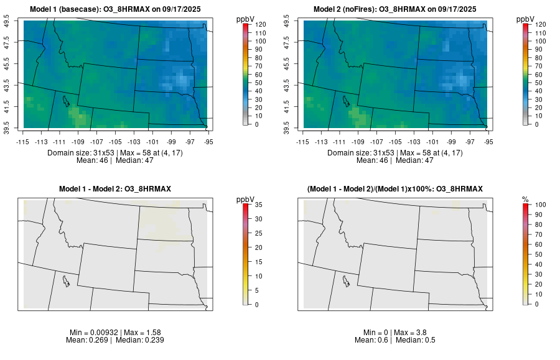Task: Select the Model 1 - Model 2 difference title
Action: [115, 188]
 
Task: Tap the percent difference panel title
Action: [395, 188]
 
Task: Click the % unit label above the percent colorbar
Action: [525, 199]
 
